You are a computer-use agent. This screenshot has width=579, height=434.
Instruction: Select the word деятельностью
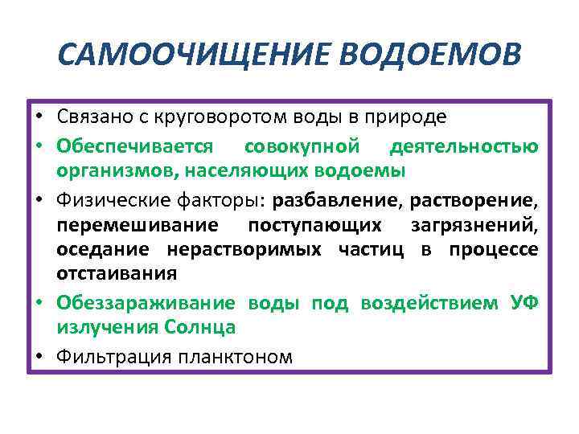[x=464, y=147]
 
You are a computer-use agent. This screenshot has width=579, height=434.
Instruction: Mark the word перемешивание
[x=129, y=224]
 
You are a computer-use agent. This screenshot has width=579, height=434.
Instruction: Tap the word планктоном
[x=232, y=356]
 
